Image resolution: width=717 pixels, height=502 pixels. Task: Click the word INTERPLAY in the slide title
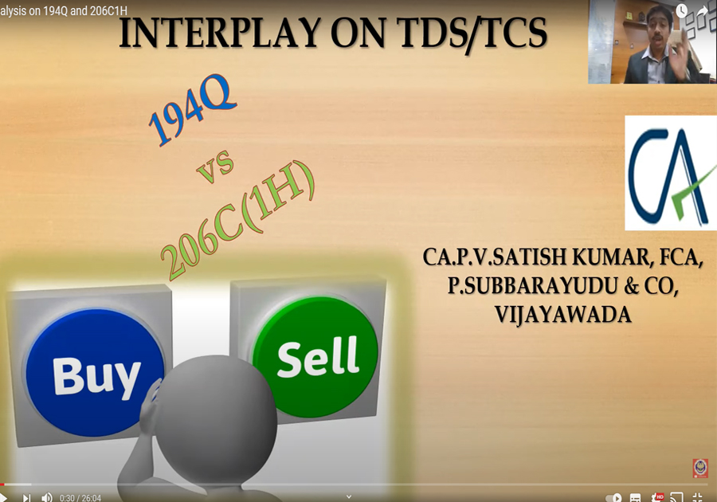[220, 33]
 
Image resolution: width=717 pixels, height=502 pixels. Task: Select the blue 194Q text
[192, 109]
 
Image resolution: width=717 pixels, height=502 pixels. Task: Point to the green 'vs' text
[215, 167]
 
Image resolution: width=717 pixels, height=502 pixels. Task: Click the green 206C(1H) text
[237, 221]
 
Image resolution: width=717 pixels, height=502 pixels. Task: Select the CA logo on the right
[671, 173]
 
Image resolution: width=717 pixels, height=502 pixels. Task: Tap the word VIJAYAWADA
[563, 315]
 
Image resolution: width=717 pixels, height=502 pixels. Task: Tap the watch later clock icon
[682, 11]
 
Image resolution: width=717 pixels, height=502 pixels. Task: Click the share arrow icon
[703, 10]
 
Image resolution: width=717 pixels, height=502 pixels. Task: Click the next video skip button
[26, 497]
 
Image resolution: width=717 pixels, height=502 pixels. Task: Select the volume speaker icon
[47, 497]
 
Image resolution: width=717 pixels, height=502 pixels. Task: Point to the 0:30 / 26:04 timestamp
[80, 498]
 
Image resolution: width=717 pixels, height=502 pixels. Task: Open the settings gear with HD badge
[657, 497]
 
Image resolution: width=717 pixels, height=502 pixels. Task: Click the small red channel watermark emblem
[700, 469]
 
